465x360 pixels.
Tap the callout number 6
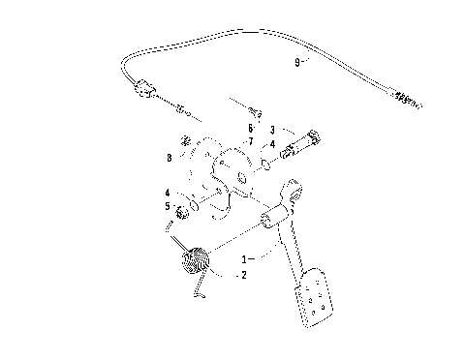coord(249,127)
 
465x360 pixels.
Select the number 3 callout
coord(273,128)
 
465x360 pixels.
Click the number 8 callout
coord(170,156)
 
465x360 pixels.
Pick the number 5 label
coord(166,206)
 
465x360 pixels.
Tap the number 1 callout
coord(245,259)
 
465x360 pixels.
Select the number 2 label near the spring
coord(243,275)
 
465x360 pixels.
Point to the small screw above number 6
coord(255,109)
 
